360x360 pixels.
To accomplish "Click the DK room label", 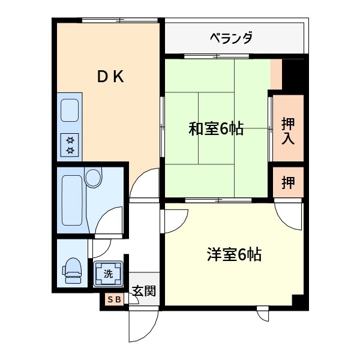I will click(111, 76).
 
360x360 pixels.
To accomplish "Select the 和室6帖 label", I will click(216, 128).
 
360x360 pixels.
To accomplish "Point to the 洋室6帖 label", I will click(234, 255).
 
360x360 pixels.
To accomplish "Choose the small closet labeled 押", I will click(288, 182).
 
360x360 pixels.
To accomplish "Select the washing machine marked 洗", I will click(108, 274).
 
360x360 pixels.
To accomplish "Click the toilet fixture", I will click(73, 269).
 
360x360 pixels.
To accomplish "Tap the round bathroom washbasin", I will click(94, 178).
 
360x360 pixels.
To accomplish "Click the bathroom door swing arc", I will click(108, 222).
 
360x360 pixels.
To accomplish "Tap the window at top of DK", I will click(120, 21).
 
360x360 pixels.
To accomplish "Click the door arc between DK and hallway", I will click(144, 183).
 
